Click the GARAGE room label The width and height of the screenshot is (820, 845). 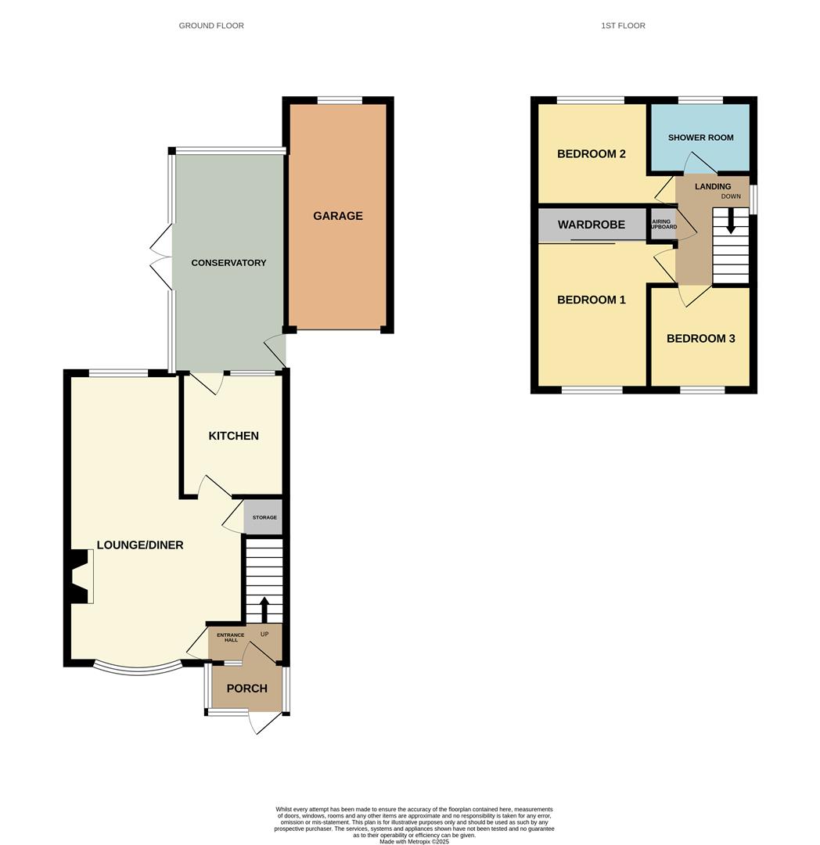(338, 216)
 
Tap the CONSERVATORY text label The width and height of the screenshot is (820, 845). (228, 263)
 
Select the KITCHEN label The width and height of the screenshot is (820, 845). (233, 436)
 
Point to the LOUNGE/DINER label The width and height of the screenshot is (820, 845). (140, 545)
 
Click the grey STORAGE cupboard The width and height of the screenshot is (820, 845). (264, 517)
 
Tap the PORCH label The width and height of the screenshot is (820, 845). (246, 689)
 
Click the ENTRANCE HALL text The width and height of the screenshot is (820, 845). (231, 638)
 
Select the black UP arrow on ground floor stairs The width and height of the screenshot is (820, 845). (264, 609)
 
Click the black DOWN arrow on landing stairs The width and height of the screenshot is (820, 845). (731, 221)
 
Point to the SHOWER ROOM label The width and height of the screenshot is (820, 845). (700, 138)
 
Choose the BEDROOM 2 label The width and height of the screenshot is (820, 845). (591, 154)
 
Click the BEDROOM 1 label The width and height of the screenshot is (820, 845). (591, 300)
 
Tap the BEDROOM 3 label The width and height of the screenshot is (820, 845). (700, 339)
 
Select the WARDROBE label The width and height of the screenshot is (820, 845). (591, 225)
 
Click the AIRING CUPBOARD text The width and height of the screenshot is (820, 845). (663, 225)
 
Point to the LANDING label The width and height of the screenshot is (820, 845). (712, 186)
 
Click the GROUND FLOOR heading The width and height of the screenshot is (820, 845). (211, 25)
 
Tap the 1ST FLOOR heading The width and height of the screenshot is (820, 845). (623, 25)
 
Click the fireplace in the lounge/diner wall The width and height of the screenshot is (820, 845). (80, 577)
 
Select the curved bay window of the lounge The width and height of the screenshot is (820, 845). (138, 671)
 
